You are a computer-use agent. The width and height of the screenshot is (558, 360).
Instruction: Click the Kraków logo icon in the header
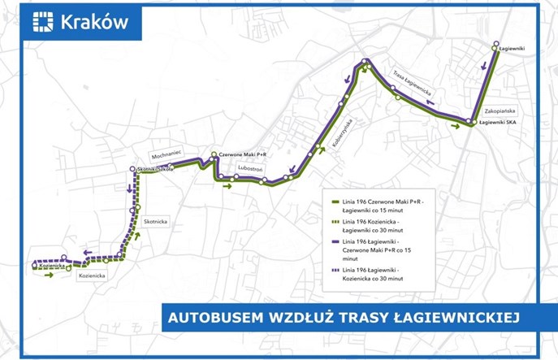[43, 22]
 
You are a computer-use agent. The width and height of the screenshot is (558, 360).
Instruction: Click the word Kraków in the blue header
[94, 22]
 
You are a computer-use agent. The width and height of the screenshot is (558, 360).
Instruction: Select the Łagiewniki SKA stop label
[499, 123]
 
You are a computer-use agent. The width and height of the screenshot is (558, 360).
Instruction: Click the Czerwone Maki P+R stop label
[244, 154]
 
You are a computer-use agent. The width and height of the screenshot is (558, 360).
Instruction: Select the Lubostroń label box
[247, 168]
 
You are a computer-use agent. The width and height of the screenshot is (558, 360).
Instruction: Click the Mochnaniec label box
[169, 152]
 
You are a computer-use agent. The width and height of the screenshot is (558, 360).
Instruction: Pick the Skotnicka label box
[155, 220]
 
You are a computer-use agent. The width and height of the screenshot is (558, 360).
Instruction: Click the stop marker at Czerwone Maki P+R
[213, 154]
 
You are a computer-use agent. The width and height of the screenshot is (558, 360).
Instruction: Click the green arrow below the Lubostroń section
[227, 186]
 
